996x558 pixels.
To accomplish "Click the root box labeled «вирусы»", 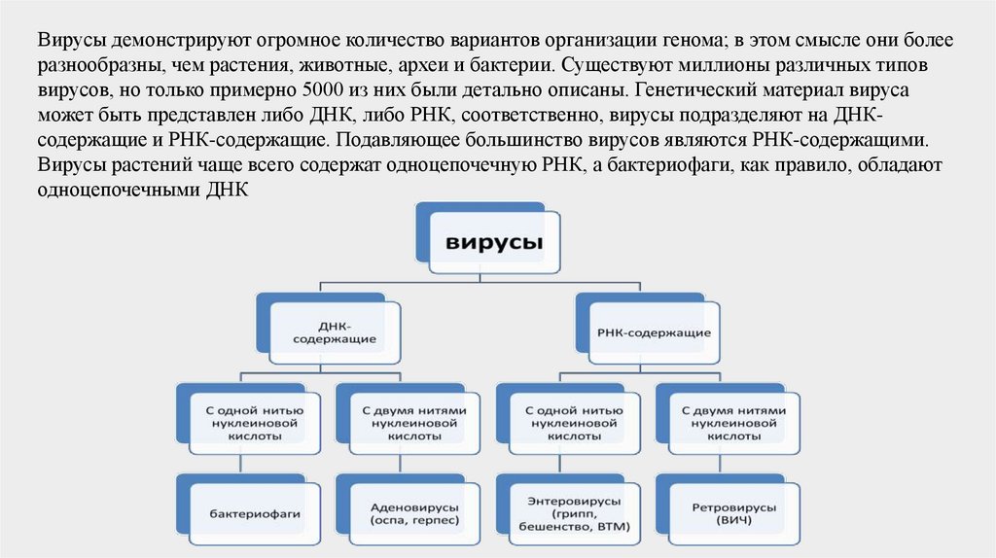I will (x=494, y=243).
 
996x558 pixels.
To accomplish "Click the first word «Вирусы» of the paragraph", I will (x=72, y=44).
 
